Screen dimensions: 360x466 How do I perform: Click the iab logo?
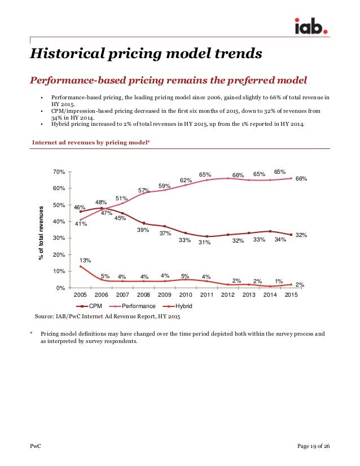(x=311, y=26)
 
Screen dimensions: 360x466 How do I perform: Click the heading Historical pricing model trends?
(x=146, y=54)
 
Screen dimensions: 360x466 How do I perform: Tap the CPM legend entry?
(x=89, y=306)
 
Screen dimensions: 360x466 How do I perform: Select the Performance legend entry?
(x=133, y=306)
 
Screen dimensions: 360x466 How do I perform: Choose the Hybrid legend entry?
(x=178, y=306)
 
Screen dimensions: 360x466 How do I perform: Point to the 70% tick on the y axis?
(x=59, y=172)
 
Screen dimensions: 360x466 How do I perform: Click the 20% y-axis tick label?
(x=59, y=254)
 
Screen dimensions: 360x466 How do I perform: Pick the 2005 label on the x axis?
(x=80, y=294)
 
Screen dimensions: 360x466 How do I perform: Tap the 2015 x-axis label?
(x=291, y=294)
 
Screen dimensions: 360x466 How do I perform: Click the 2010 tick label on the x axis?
(x=186, y=294)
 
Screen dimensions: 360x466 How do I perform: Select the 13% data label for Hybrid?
(x=85, y=260)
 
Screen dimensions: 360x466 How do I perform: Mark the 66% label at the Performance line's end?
(x=301, y=179)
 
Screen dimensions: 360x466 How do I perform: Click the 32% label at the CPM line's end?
(x=301, y=235)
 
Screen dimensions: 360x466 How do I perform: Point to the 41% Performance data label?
(x=81, y=223)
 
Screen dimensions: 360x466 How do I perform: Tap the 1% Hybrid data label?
(x=279, y=281)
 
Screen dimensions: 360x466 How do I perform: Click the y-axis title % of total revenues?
(x=41, y=233)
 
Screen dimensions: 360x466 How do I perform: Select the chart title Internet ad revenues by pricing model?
(x=91, y=142)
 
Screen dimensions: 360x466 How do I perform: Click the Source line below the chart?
(x=107, y=316)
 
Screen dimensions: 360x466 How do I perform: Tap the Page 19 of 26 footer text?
(x=313, y=446)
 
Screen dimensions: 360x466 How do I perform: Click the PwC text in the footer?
(x=36, y=446)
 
